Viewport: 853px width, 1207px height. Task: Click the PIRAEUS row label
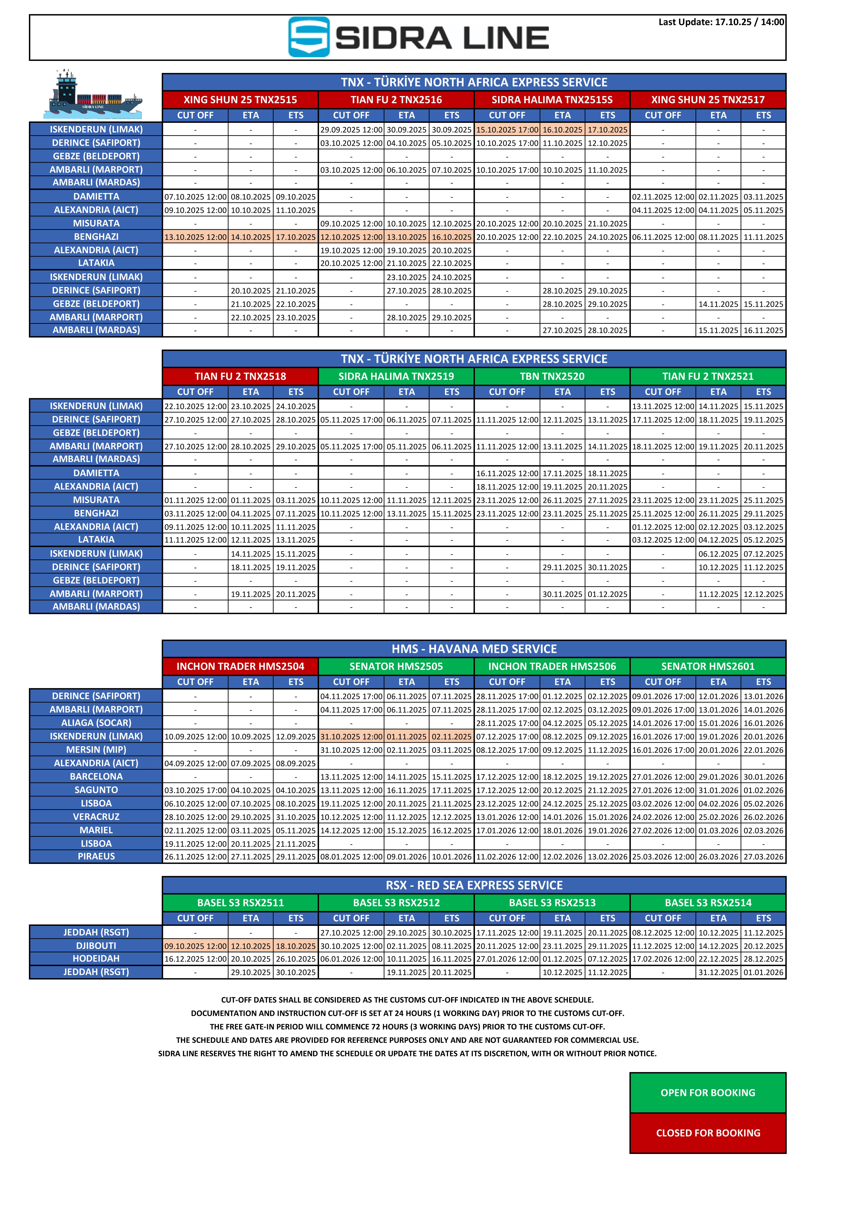(96, 856)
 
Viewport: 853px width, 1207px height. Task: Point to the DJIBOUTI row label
(96, 946)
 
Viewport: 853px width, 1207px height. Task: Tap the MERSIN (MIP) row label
(96, 750)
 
